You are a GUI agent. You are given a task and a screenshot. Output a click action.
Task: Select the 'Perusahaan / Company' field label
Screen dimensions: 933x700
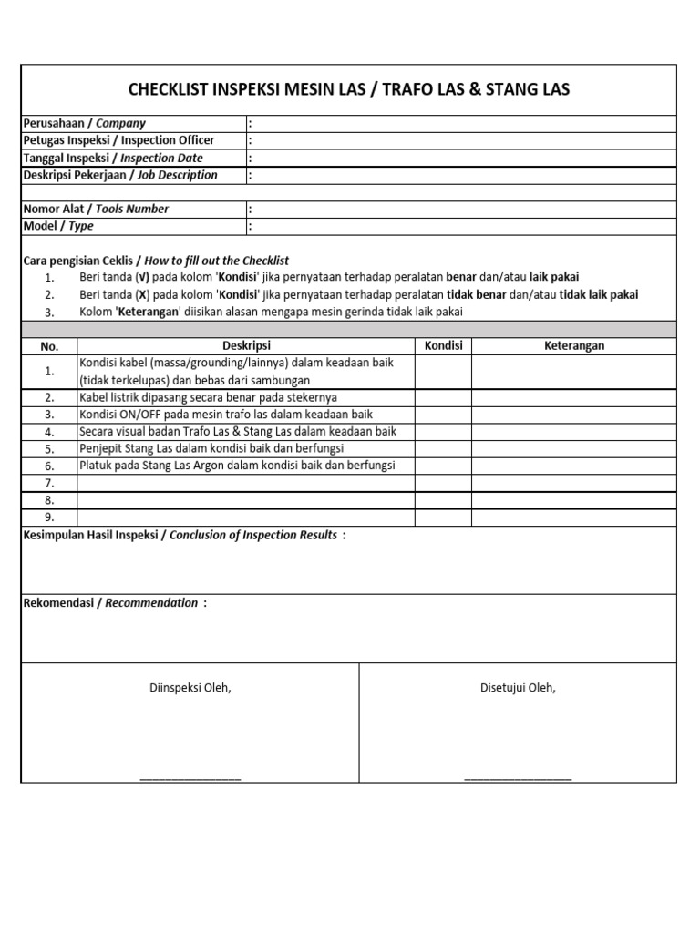coord(84,123)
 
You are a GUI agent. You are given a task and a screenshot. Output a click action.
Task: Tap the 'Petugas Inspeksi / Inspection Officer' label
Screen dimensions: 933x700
coord(118,140)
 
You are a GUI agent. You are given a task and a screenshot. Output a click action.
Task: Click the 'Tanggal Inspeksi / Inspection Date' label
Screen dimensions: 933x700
coord(112,158)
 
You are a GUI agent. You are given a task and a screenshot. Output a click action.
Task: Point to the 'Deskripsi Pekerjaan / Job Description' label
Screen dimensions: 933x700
coord(119,175)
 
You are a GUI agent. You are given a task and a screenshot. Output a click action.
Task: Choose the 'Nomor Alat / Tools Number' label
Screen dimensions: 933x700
coord(96,209)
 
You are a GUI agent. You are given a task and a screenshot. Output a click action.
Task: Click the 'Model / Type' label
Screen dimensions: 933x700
coord(57,226)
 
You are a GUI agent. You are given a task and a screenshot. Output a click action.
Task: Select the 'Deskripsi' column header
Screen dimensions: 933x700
coord(246,346)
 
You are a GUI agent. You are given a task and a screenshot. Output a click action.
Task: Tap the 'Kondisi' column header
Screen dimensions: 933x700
coord(444,346)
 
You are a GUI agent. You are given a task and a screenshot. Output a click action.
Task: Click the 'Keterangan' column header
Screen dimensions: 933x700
coord(574,346)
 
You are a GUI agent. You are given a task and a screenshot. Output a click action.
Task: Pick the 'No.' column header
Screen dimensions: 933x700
coord(49,346)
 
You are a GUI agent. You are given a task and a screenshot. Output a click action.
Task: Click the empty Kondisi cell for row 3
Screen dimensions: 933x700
coord(444,415)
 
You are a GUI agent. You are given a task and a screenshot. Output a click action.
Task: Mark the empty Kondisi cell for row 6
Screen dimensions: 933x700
coord(444,466)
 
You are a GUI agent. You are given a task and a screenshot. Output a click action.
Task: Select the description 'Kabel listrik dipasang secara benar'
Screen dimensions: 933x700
coord(208,397)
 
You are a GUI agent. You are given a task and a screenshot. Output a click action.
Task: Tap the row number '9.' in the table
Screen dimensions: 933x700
coord(49,518)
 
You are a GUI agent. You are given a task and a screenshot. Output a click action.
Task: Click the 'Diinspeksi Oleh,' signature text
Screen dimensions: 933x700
coord(190,688)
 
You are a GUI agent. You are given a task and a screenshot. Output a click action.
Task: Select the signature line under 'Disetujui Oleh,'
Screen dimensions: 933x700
coord(518,778)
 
